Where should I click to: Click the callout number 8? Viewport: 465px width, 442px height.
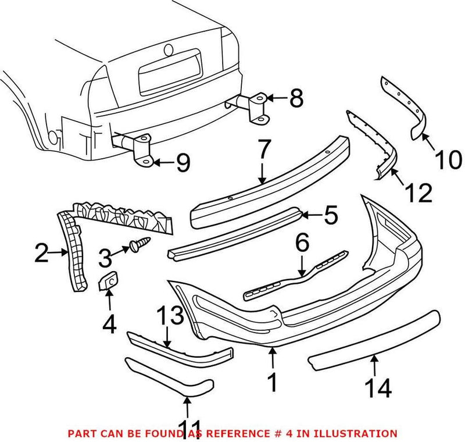click(296, 99)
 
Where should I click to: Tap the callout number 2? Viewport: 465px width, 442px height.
click(41, 253)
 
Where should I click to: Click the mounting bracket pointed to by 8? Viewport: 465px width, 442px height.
click(257, 109)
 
